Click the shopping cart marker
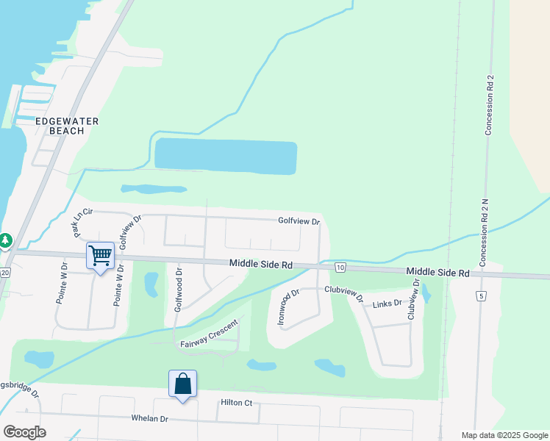100,256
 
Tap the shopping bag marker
182,384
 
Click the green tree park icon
5,240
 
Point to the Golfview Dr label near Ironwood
299,220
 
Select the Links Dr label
387,303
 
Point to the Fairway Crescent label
210,335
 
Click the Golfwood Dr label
178,289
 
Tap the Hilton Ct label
236,403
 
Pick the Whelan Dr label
149,419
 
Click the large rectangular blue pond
225,156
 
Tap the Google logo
24,431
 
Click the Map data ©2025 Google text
504,435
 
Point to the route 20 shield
4,273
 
